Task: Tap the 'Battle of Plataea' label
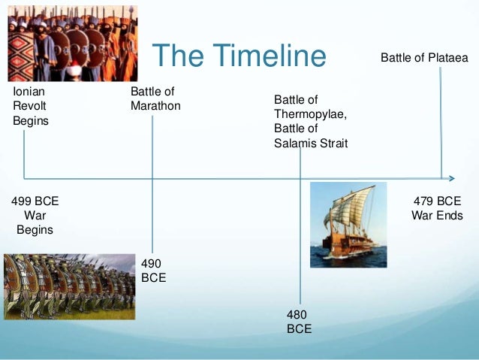pos(424,57)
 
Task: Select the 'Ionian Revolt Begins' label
pos(31,106)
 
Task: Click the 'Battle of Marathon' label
pos(155,98)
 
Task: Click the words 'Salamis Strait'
pos(310,143)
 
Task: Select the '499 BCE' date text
pos(35,201)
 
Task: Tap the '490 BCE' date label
pos(154,270)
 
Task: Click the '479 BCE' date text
pos(437,201)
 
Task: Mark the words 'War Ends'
pos(437,216)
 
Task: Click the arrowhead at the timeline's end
pos(451,178)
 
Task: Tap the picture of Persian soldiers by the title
pos(72,41)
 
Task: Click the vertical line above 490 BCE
pos(152,210)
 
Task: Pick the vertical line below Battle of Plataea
pos(441,120)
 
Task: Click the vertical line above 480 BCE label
pos(300,241)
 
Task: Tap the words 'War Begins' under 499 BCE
pos(35,222)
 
